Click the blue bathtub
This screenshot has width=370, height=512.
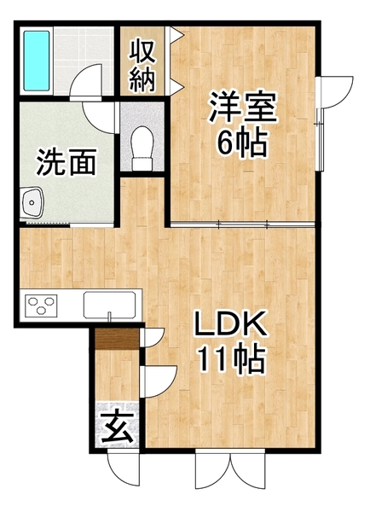point(37,61)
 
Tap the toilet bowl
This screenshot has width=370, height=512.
point(142,148)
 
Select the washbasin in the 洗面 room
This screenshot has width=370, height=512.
point(32,202)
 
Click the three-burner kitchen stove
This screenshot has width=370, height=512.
point(41,305)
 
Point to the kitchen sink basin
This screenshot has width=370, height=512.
point(109,305)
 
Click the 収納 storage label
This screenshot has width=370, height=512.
point(142,66)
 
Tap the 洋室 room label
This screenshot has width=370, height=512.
point(243,107)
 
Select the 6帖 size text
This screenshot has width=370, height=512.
point(243,143)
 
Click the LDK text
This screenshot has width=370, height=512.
point(230,323)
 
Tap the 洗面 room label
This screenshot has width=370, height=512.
point(66,161)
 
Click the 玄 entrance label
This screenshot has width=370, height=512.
point(117,427)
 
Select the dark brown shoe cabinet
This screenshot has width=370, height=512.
point(117,339)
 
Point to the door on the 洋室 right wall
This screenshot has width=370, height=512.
point(335,93)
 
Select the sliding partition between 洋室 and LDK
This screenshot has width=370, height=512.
point(243,224)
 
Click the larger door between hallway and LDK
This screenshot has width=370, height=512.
point(159,381)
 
